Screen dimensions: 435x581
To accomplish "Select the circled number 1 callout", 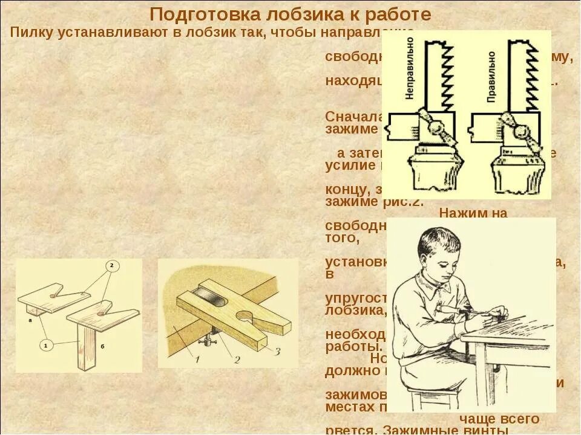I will point(45,345).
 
